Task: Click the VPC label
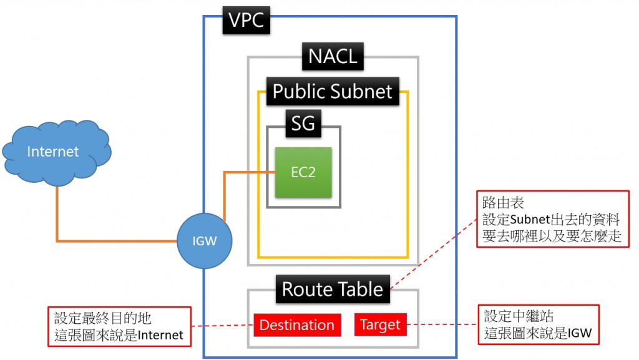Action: click(x=246, y=21)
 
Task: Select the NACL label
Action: click(x=333, y=56)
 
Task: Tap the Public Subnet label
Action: click(x=333, y=92)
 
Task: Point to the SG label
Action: click(x=303, y=125)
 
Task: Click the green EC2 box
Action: click(x=303, y=172)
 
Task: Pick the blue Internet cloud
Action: click(x=54, y=151)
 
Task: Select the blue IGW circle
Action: click(x=204, y=241)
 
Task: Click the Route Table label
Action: click(x=333, y=289)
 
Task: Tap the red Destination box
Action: click(x=297, y=325)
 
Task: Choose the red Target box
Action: click(x=381, y=325)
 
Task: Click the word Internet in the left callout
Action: click(x=160, y=336)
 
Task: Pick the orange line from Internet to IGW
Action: click(x=112, y=240)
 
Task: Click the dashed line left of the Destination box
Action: click(x=222, y=326)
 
